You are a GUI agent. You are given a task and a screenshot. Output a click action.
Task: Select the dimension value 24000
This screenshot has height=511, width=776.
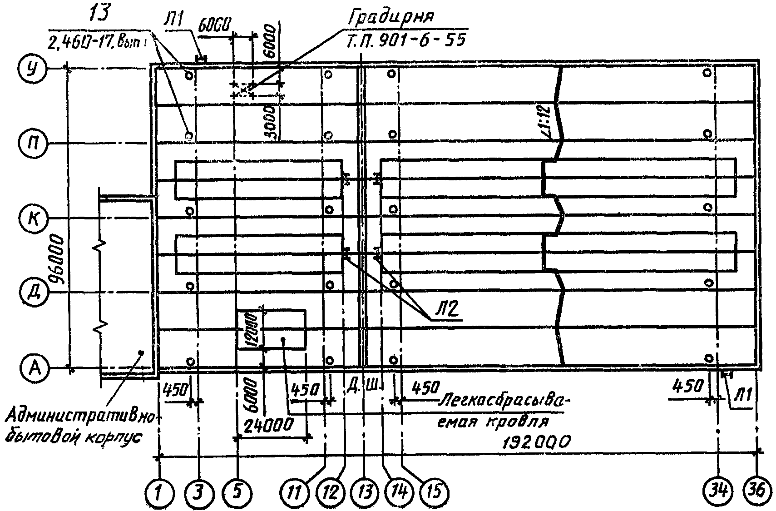coord(267,426)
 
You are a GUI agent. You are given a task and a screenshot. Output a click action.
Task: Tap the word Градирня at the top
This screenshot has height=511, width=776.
coord(391,19)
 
